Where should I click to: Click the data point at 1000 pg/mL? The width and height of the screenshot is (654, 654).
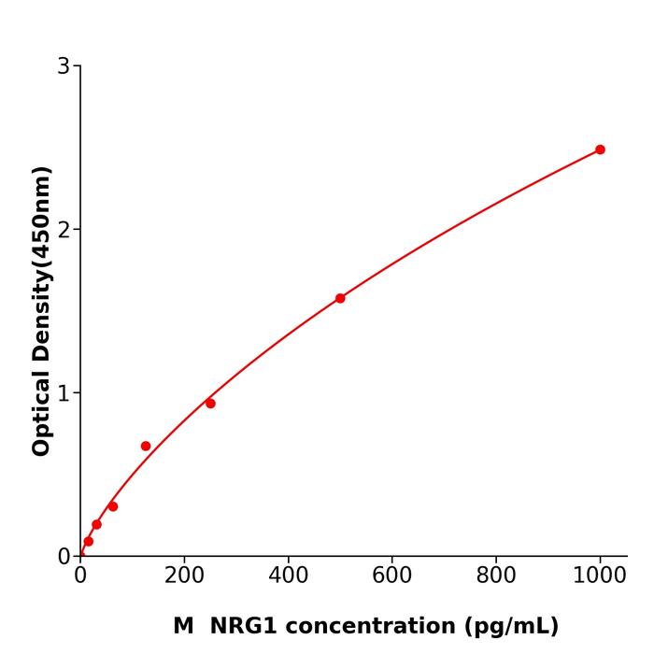coord(600,149)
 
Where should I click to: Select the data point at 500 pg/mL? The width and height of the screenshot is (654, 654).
coord(340,298)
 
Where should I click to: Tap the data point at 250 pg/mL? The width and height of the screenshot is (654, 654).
coord(210,404)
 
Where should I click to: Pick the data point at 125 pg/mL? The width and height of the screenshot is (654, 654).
coord(146,446)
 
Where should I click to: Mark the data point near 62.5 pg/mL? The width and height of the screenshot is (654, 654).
coord(113,506)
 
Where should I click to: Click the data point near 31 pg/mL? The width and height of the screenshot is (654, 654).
coord(96,524)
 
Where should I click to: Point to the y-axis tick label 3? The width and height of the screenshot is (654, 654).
coord(64,66)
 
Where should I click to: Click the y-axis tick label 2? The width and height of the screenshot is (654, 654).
coord(64,230)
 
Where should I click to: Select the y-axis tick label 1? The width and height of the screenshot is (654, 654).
coord(64,393)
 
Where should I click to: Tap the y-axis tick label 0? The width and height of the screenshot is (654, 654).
coord(64,557)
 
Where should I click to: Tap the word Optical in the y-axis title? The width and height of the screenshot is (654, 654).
coord(41,411)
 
